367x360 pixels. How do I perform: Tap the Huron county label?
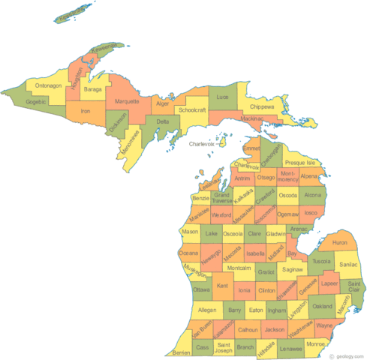pos(339,242)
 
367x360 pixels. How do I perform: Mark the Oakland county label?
pos(322,306)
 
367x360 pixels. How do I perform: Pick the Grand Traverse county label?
pos(222,199)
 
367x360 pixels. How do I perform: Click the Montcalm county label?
pos(239,268)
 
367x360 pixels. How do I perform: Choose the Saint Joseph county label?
pos(223,346)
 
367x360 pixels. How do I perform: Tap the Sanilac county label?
pos(348,265)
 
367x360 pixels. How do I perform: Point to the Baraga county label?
pos(92,90)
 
